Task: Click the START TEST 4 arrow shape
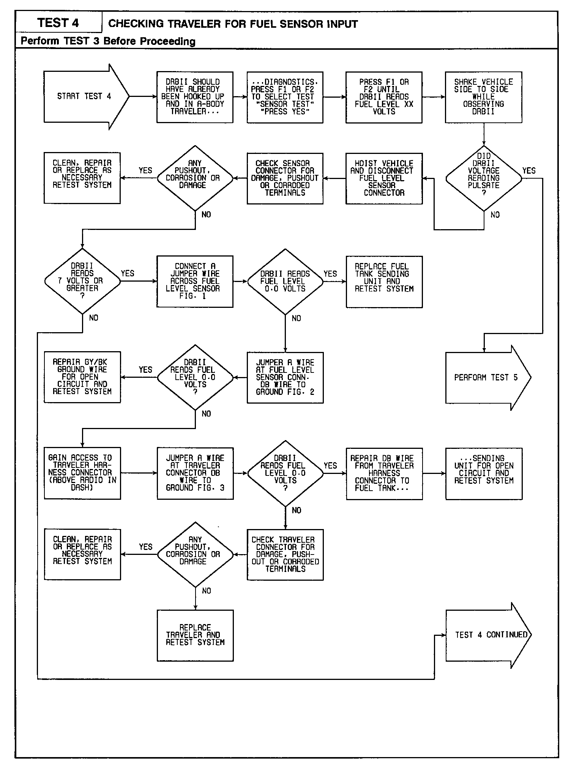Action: tap(84, 97)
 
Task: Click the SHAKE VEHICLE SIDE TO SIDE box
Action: tap(483, 97)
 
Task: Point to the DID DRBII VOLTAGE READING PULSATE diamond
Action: tap(484, 178)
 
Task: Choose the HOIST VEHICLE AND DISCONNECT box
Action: tap(384, 178)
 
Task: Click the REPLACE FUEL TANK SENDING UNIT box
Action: tap(384, 281)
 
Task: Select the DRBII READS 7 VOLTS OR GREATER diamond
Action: tap(82, 281)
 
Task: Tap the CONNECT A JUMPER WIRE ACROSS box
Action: tap(195, 281)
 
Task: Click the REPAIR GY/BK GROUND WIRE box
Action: tap(82, 377)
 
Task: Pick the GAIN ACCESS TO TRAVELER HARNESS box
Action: tap(82, 473)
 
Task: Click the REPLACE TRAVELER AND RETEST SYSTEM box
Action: tap(195, 635)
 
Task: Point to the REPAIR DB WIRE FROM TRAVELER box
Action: tap(384, 473)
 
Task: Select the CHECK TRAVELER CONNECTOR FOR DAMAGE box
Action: tap(285, 555)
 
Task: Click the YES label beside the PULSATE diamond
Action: tap(529, 171)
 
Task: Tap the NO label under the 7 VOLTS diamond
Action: tap(93, 318)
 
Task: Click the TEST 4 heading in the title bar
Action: tap(58, 23)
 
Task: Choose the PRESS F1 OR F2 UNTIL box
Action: tap(384, 97)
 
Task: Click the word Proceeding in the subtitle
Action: tap(171, 41)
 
